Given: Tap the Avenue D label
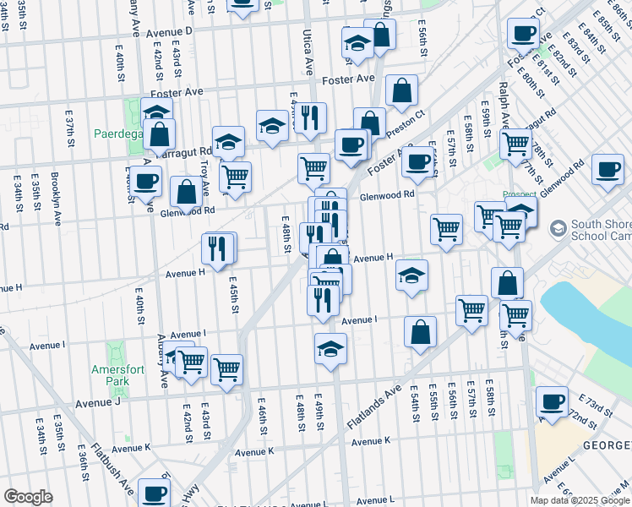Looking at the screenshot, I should coord(169,32).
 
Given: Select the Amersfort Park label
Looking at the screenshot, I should coord(112,375).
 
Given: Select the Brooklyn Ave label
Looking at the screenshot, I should coord(56,194).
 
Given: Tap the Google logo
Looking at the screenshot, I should coord(28,496).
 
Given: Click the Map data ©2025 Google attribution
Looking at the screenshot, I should coord(580,500).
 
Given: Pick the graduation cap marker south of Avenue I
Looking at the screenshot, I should coord(330,347).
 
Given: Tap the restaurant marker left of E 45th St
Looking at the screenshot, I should coord(218,248).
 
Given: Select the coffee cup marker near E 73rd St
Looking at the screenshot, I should coord(552,402).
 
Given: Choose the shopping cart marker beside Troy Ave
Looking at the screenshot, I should coord(235,177).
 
